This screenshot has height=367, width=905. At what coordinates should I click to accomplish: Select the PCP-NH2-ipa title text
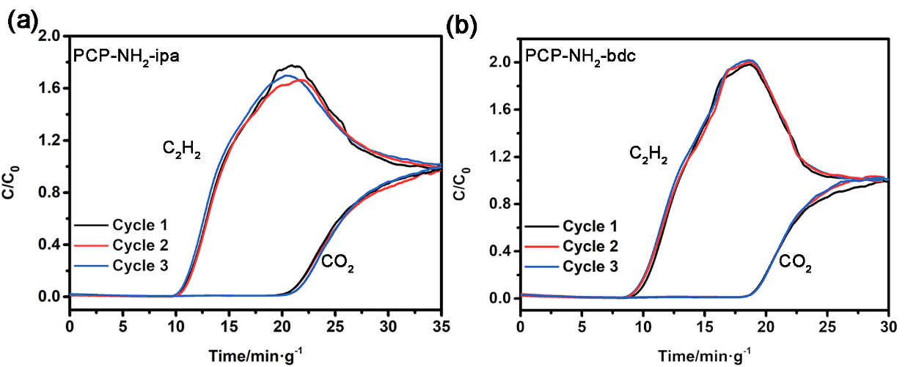[x=126, y=56]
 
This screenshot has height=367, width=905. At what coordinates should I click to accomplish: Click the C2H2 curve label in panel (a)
[x=182, y=150]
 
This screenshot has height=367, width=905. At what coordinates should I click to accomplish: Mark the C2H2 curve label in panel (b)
[x=649, y=155]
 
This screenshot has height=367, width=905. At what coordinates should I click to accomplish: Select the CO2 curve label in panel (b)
[x=794, y=262]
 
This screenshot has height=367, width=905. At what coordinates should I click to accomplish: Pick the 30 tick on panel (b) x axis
[x=888, y=322]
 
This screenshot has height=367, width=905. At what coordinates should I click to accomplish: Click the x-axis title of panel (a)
[x=254, y=353]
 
